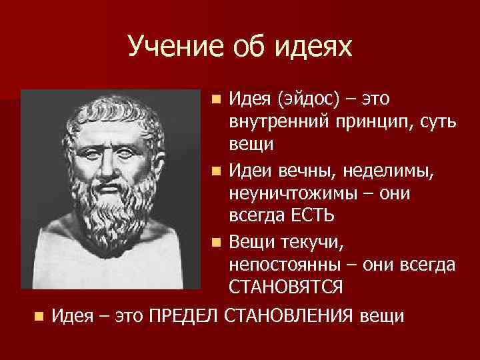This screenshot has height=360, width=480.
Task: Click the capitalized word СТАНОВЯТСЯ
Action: coord(286,289)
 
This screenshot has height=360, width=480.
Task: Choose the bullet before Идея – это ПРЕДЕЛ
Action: coord(39,314)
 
